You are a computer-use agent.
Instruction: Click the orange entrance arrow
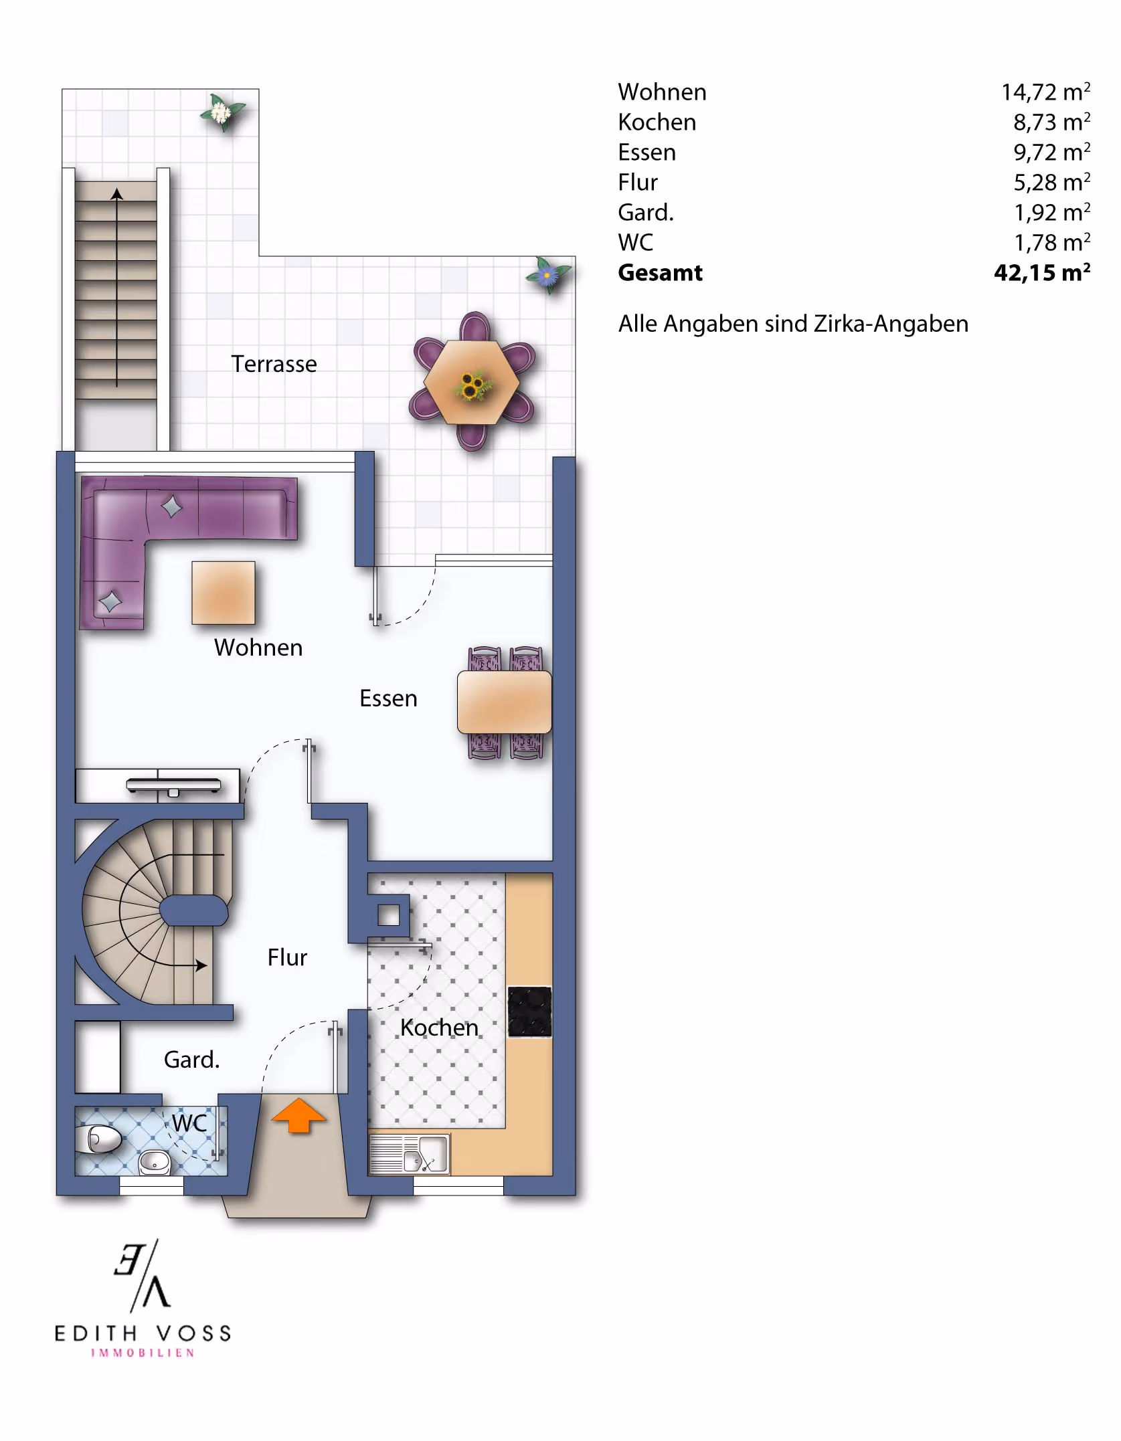pos(298,1116)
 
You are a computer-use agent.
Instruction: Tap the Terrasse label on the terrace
pos(274,364)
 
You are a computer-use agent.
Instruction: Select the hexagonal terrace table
pos(472,381)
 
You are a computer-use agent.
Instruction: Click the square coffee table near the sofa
pos(224,593)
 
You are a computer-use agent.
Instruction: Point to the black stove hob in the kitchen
pos(529,1012)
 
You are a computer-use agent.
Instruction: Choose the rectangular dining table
pos(505,702)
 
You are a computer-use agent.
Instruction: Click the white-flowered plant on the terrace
pos(222,112)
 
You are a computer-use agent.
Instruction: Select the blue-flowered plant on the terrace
pos(548,274)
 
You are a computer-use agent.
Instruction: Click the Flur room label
pos(287,957)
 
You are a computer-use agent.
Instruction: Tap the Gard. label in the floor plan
pos(191,1060)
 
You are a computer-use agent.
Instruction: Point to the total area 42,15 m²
pos(1042,272)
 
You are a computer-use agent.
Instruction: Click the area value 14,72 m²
pos(1045,92)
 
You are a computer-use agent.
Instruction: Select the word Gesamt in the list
pos(660,272)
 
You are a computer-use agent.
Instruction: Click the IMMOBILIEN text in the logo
pos(143,1353)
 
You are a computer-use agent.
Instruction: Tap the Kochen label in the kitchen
pos(439,1028)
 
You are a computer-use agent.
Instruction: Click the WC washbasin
pos(155,1163)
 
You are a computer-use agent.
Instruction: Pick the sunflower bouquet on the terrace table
pos(472,385)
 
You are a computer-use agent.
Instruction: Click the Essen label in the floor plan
pos(388,698)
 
